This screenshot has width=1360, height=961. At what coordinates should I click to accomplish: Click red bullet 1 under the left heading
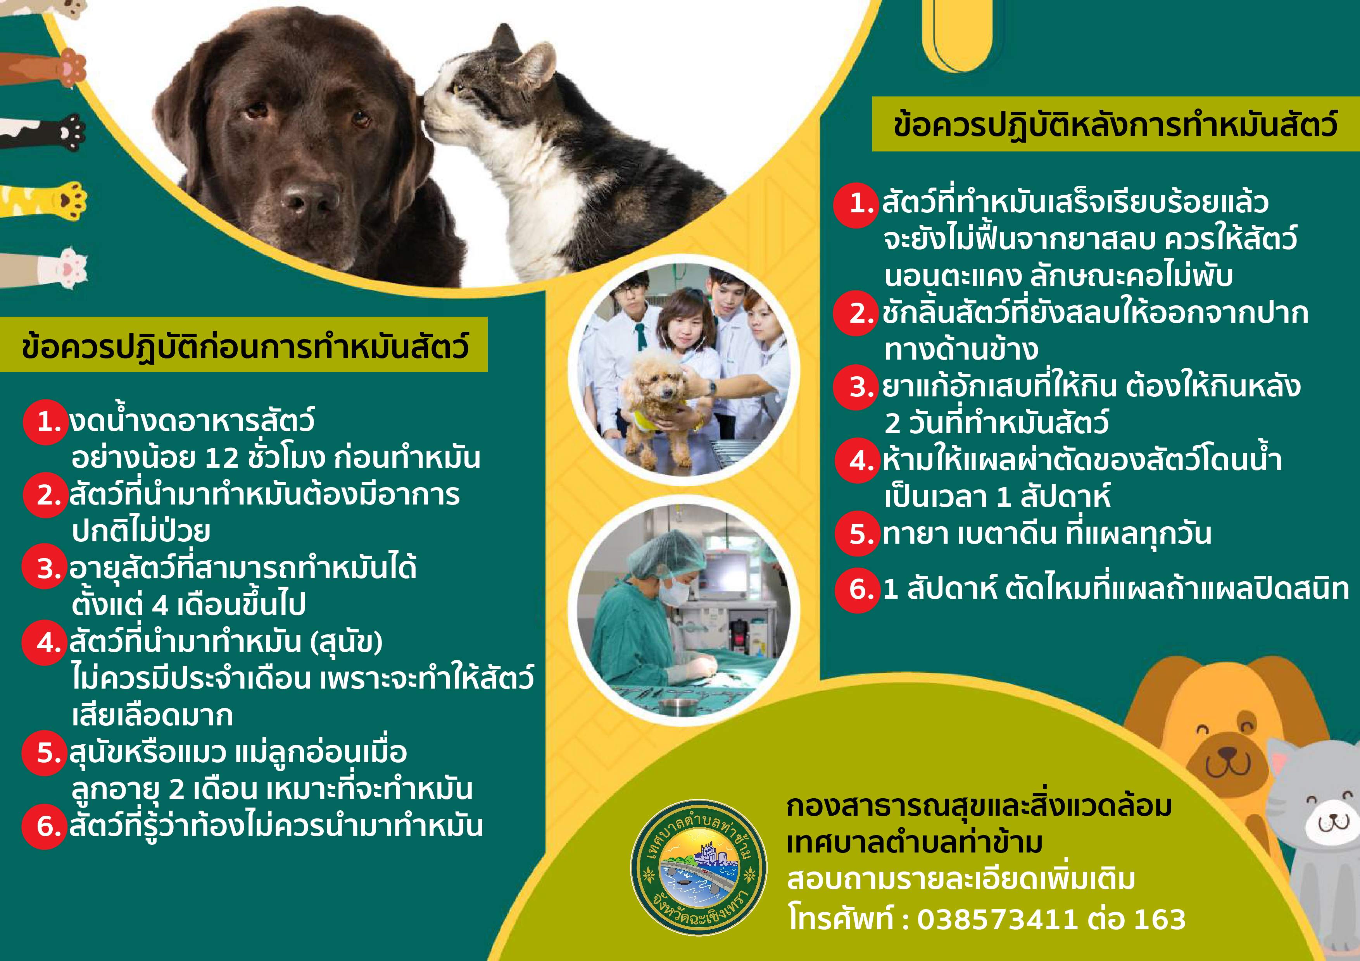pos(46,422)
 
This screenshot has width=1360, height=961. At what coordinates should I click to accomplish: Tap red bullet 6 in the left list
pos(45,827)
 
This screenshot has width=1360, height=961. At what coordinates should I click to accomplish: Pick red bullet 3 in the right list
pos(856,387)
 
